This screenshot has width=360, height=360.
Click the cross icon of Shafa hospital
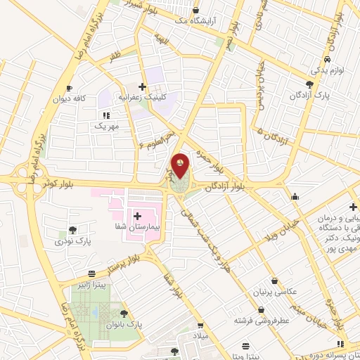point(137,215)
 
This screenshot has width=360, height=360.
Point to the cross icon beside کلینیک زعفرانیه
point(143,86)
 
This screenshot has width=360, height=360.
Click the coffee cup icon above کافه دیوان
point(69,88)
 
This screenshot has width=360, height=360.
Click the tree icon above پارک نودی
point(73,230)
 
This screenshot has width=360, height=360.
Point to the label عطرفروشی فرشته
point(262,320)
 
